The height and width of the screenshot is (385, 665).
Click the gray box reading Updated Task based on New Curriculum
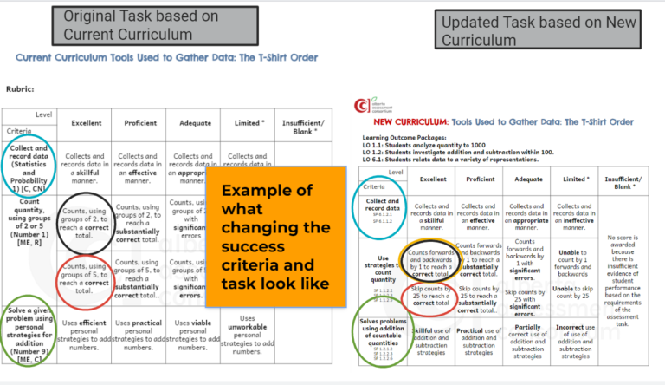[539, 31]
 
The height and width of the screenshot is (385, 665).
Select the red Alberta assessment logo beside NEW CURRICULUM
[361, 107]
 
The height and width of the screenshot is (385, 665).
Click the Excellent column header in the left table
[86, 123]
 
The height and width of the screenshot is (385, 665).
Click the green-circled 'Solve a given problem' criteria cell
[32, 333]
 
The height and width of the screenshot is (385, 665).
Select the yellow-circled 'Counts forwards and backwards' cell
[432, 256]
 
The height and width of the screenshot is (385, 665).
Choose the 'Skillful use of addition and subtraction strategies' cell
[431, 341]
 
